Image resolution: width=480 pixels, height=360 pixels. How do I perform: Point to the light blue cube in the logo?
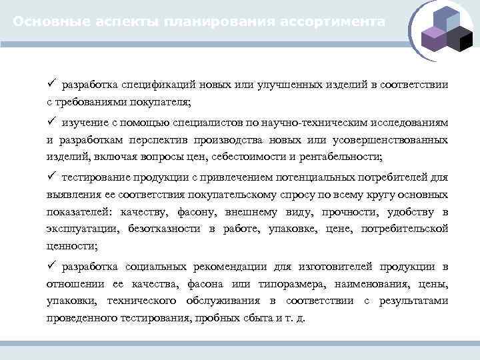445,20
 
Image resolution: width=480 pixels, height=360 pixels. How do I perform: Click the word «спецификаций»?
154,85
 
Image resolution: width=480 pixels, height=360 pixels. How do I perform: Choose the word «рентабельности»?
347,157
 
